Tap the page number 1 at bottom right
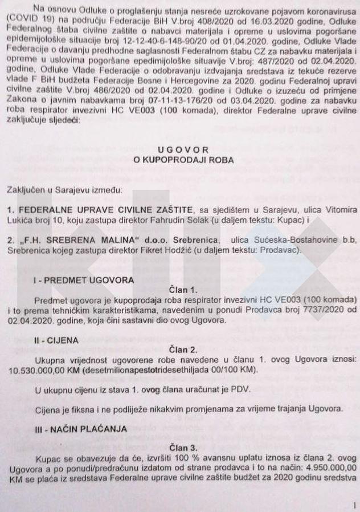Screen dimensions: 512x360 coord(354,505)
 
